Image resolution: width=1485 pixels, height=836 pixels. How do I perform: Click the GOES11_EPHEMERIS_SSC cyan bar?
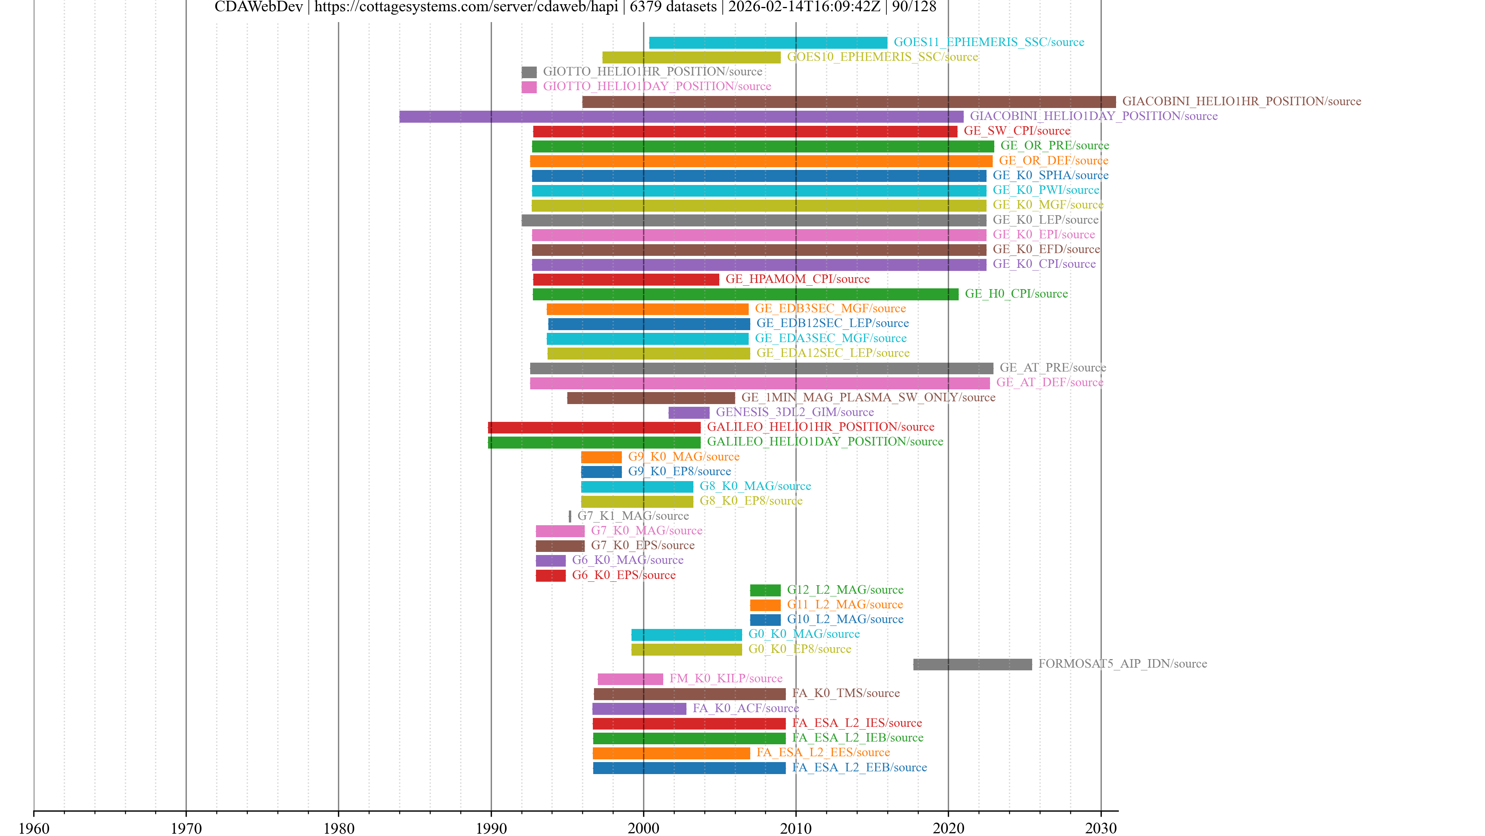click(x=768, y=43)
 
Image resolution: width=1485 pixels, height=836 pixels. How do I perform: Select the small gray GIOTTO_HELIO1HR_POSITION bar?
click(x=529, y=72)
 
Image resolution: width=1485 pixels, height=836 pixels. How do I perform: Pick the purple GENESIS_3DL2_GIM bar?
click(x=688, y=413)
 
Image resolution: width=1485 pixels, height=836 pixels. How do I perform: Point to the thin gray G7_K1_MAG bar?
click(x=570, y=516)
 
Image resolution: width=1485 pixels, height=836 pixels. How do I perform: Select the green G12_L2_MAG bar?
click(x=765, y=590)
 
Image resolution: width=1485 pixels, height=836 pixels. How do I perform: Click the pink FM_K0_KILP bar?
click(x=630, y=679)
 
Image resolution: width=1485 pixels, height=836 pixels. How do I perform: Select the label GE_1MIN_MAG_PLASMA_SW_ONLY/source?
click(x=868, y=397)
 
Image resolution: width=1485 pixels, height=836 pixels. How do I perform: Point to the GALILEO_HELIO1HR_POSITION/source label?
click(x=820, y=427)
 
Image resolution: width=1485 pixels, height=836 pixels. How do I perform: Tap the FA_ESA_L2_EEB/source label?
click(x=859, y=767)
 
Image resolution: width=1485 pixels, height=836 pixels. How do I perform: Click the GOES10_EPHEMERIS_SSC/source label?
click(x=882, y=57)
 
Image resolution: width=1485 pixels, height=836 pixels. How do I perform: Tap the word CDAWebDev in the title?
click(x=258, y=7)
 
